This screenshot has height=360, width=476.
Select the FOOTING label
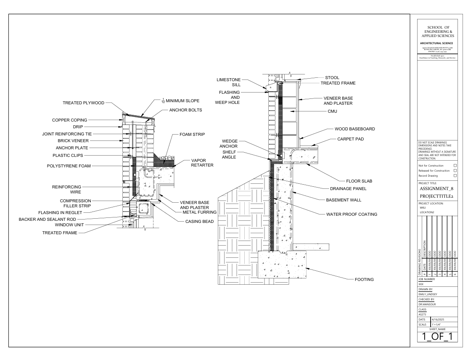coord(364,279)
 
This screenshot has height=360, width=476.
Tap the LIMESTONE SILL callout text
coord(228,82)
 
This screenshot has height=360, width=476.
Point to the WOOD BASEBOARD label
coord(354,129)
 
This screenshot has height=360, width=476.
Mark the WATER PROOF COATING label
coord(352,214)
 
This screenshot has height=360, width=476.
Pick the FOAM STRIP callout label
coord(192,134)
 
